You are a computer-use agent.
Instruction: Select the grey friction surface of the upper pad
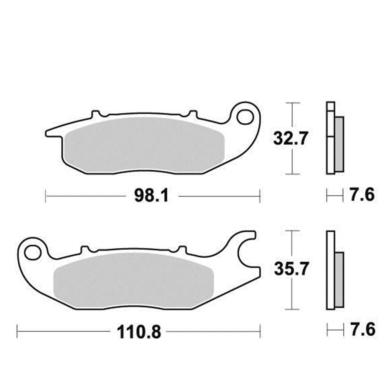(x=145, y=145)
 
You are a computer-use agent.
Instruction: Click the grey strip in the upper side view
(x=339, y=144)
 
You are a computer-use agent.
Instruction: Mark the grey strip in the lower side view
(x=339, y=278)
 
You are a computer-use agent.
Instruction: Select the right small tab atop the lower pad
(x=182, y=249)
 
